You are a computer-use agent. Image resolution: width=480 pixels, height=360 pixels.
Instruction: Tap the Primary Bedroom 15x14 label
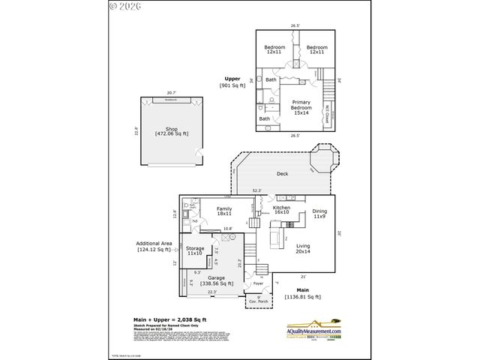click(x=301, y=107)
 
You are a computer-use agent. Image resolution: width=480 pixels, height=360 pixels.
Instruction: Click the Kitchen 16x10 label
click(x=281, y=210)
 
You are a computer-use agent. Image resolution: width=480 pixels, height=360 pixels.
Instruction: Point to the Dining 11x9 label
click(x=319, y=213)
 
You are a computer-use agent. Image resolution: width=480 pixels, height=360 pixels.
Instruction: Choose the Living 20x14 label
click(x=303, y=249)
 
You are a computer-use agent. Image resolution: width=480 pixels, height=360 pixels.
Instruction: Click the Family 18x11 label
click(x=224, y=211)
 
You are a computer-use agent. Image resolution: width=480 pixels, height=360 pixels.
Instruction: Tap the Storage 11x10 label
click(x=195, y=251)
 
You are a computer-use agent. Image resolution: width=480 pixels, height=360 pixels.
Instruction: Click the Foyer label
click(x=258, y=284)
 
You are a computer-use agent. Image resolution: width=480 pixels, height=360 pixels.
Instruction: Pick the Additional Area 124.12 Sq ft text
click(x=154, y=246)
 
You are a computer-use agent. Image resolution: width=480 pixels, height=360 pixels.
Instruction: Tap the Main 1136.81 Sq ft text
click(x=303, y=293)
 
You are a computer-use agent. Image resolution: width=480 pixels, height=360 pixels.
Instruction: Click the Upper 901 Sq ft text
click(x=232, y=82)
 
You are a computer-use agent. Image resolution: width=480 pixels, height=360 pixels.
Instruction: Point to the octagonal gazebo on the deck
click(x=325, y=159)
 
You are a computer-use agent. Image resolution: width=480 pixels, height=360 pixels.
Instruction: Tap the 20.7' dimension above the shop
click(x=171, y=92)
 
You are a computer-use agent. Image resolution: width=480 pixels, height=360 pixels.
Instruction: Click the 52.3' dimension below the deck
click(x=257, y=190)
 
